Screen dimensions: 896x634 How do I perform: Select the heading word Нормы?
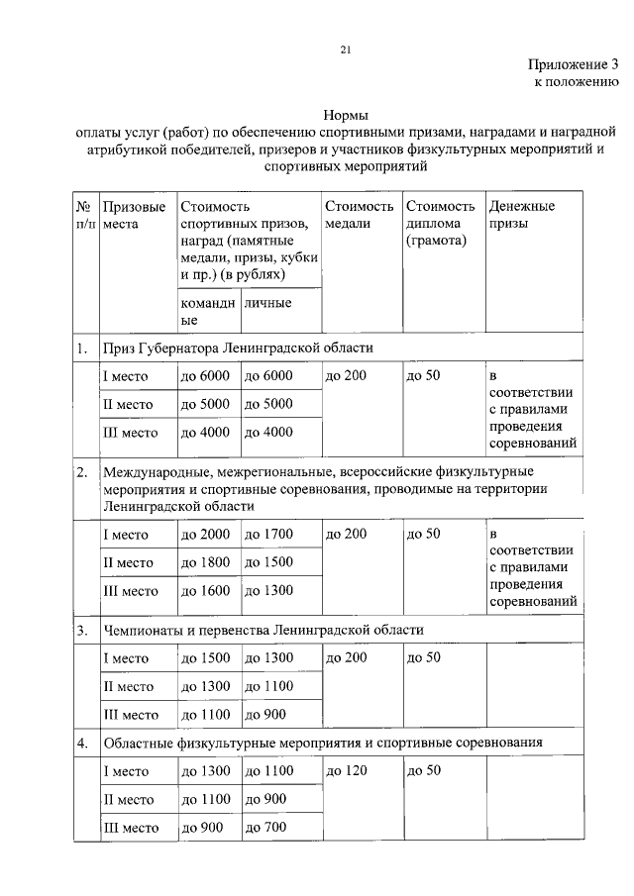(x=346, y=116)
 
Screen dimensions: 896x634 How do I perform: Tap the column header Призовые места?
(x=135, y=215)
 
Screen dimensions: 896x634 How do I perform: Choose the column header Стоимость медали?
(x=360, y=215)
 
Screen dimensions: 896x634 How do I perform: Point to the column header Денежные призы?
(x=521, y=215)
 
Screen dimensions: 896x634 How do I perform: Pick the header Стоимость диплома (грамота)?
(x=440, y=223)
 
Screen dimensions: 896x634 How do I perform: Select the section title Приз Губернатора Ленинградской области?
(x=238, y=348)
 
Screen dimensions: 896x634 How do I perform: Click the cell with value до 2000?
(x=205, y=535)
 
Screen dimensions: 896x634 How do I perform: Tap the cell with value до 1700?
(x=269, y=535)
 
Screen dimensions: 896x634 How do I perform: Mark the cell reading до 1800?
(x=205, y=562)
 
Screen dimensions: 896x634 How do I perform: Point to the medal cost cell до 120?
(x=346, y=771)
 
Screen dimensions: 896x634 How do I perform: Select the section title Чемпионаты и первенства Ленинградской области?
(x=264, y=630)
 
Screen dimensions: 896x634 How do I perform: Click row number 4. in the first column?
(x=82, y=742)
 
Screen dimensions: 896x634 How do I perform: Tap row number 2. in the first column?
(x=82, y=470)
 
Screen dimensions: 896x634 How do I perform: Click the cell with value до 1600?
(x=205, y=591)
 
